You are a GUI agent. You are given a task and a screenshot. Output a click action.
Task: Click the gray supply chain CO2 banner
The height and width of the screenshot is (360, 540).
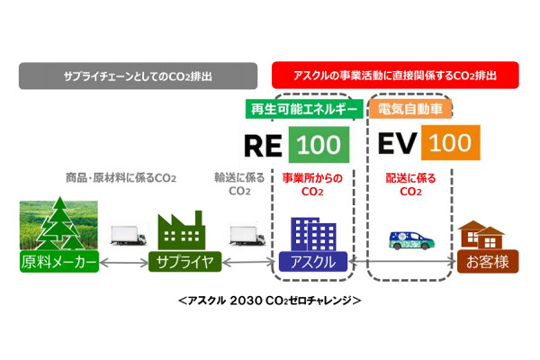point(138,76)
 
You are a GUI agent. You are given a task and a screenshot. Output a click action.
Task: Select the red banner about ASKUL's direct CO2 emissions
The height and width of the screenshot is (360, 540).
point(395,75)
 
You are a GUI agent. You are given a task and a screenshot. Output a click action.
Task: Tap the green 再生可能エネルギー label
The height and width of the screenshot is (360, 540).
point(304,109)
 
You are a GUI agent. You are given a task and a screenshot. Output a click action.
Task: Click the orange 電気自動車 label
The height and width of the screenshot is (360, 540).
point(410,109)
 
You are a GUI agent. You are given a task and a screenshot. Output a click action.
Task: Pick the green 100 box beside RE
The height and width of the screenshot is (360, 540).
point(319,145)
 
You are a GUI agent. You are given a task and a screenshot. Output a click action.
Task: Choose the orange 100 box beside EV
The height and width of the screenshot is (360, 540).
point(451,142)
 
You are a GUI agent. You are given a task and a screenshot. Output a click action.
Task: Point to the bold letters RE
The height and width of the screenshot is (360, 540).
point(263,146)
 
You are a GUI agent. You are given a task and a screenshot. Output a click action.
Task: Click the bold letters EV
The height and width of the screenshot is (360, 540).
point(397,143)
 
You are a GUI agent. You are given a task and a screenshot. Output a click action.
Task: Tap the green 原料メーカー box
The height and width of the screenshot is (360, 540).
point(59,262)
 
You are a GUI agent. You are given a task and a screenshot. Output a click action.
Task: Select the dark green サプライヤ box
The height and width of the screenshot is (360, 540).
point(184,262)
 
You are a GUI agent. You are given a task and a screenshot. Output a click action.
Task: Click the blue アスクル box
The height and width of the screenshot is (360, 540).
point(313,262)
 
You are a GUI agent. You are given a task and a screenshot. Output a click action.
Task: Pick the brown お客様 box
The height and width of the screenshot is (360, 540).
point(488,262)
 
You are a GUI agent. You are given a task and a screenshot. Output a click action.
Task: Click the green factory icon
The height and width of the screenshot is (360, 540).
point(182,230)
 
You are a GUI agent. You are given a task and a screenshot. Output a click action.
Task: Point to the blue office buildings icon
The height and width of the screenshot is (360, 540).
point(313,234)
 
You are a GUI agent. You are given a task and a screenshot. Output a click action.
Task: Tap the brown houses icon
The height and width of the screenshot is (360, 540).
point(481,235)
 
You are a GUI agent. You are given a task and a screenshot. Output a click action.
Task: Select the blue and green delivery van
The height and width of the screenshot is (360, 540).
point(412,240)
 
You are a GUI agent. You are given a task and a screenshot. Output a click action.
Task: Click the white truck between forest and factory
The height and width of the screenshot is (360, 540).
point(128,235)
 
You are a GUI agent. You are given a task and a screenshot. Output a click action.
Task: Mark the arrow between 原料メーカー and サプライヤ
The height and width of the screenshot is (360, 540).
point(123,263)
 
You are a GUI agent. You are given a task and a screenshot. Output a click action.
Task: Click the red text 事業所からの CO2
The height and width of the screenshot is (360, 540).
point(312,184)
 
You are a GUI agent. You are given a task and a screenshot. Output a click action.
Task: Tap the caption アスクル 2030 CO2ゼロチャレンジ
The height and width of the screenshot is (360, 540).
point(270,301)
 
